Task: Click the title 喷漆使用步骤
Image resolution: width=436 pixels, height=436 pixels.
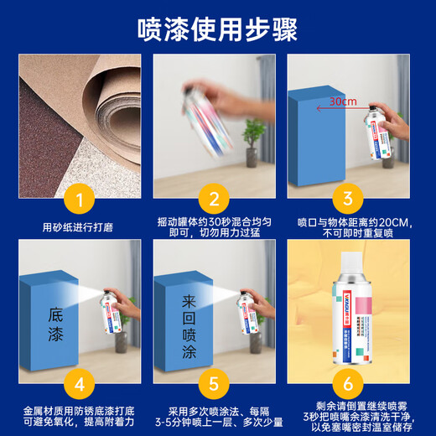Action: coord(218,29)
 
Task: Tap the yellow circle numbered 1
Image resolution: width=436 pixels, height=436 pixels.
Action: coord(80,200)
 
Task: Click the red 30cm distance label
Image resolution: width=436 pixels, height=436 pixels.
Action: coord(343,101)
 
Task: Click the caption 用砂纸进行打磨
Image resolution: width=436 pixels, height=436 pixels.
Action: coord(80,226)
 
